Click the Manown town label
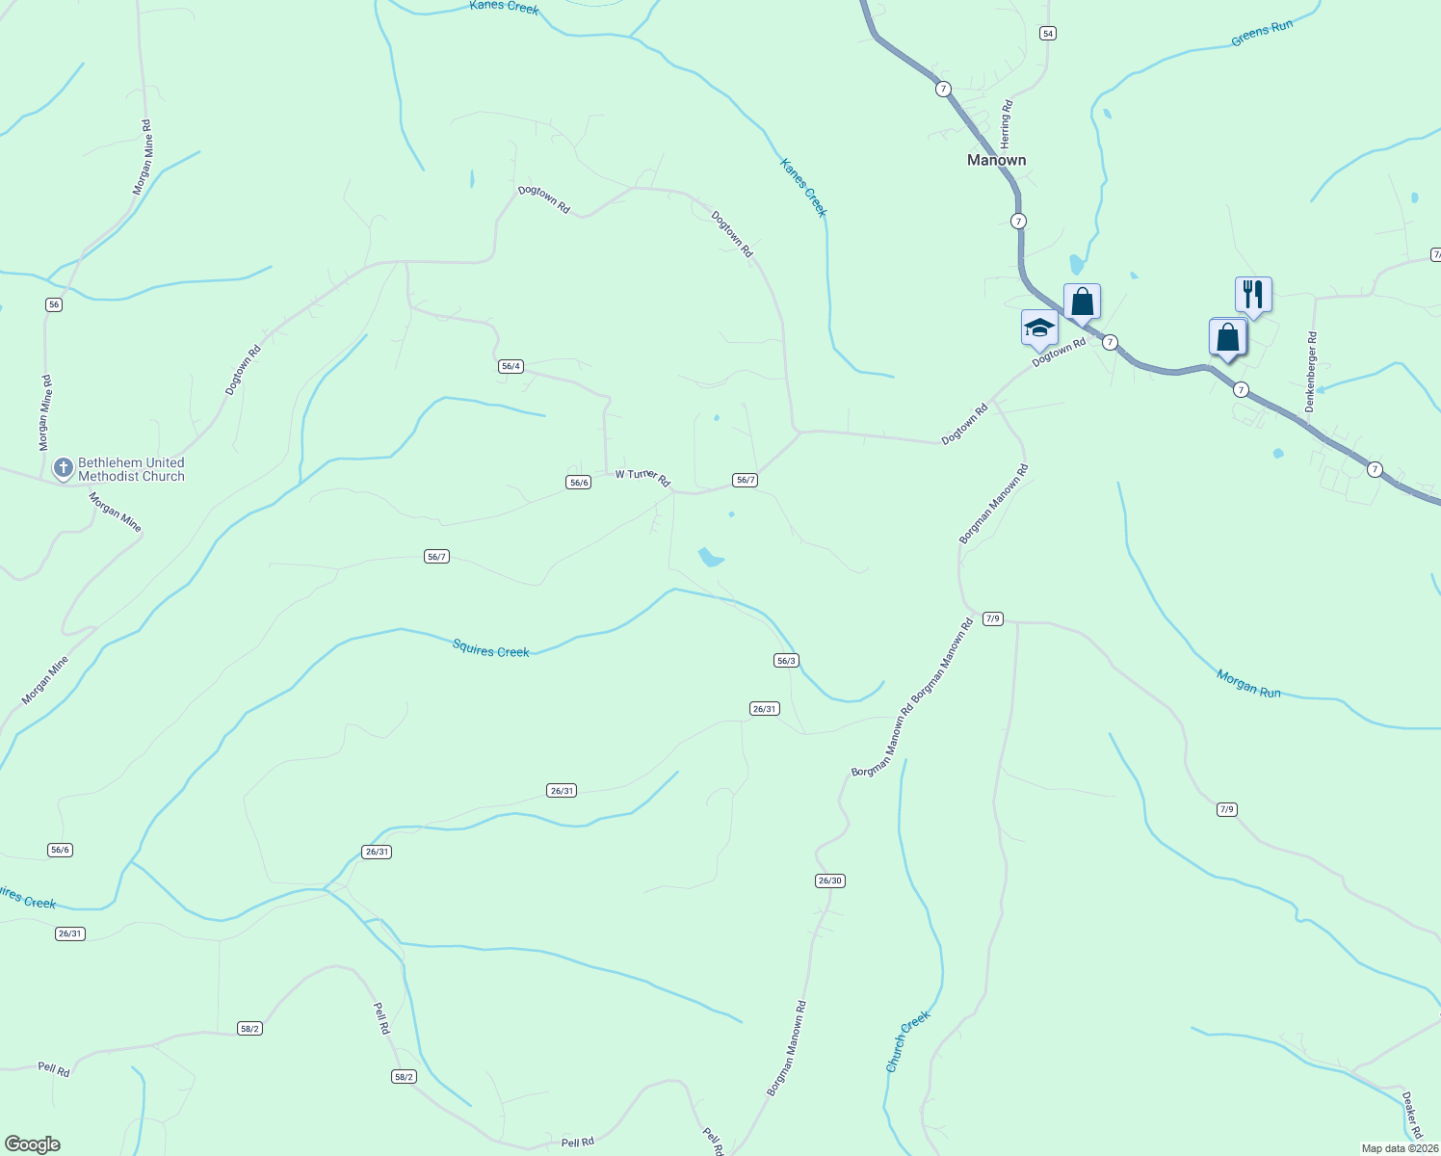pyautogui.click(x=996, y=160)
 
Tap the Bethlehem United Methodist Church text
pyautogui.click(x=131, y=469)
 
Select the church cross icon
pyautogui.click(x=64, y=468)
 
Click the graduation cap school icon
pyautogui.click(x=1039, y=328)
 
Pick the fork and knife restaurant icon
pyautogui.click(x=1253, y=294)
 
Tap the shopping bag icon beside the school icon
pyautogui.click(x=1082, y=302)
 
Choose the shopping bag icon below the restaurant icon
pyautogui.click(x=1227, y=338)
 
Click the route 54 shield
pyautogui.click(x=1048, y=33)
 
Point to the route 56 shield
pyautogui.click(x=53, y=304)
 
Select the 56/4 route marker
pyautogui.click(x=511, y=366)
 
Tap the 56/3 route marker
pyautogui.click(x=786, y=660)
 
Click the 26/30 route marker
pyautogui.click(x=829, y=880)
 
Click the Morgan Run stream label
pyautogui.click(x=1248, y=684)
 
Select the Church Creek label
pyautogui.click(x=908, y=1041)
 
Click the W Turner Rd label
pyautogui.click(x=642, y=476)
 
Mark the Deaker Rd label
pyautogui.click(x=1411, y=1115)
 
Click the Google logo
pyautogui.click(x=33, y=1144)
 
